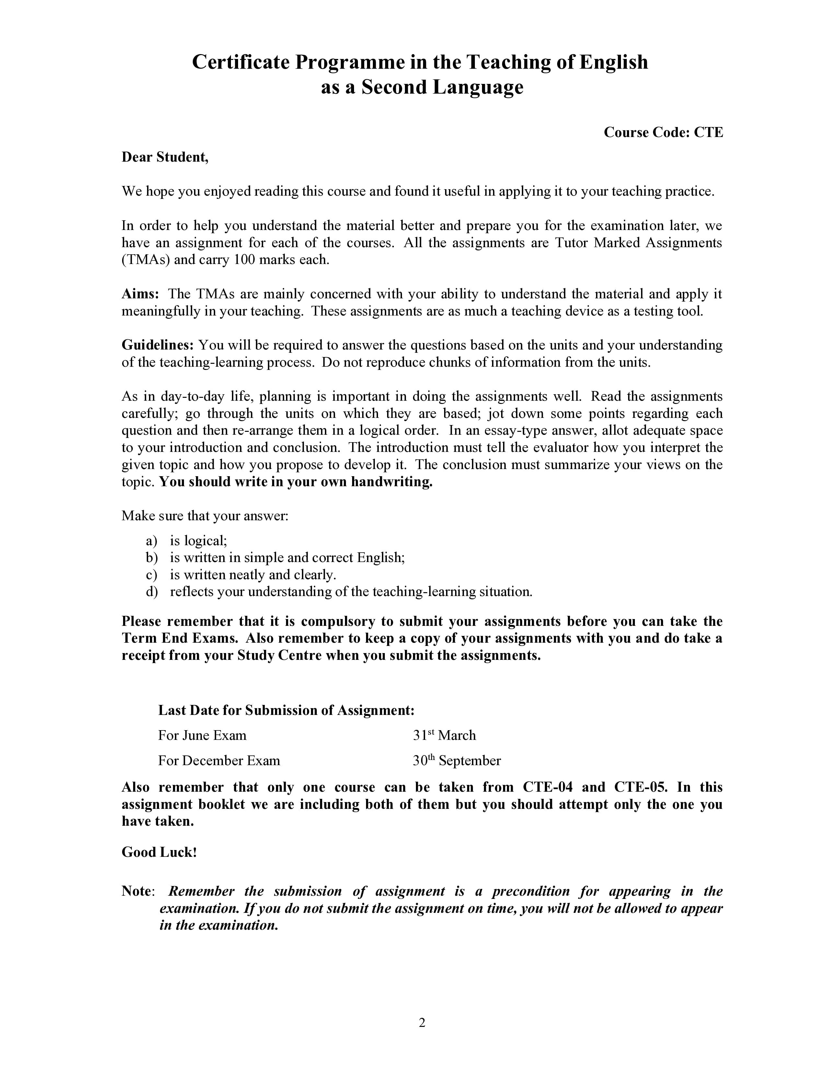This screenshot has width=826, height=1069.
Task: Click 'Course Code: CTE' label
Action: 663,132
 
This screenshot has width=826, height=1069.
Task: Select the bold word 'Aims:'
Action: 140,294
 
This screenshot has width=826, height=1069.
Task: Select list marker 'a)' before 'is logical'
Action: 152,541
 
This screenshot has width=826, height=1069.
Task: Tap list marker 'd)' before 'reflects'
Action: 152,592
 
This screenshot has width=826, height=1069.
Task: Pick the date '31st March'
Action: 444,735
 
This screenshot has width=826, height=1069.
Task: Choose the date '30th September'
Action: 456,761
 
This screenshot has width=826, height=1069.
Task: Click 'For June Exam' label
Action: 202,735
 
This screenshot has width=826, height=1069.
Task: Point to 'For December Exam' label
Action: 219,761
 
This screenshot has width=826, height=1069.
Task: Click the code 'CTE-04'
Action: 546,787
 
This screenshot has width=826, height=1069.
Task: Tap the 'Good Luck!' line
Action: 159,852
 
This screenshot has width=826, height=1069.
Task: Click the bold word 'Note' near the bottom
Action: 136,891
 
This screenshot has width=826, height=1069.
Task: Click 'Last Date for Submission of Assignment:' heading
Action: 286,710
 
